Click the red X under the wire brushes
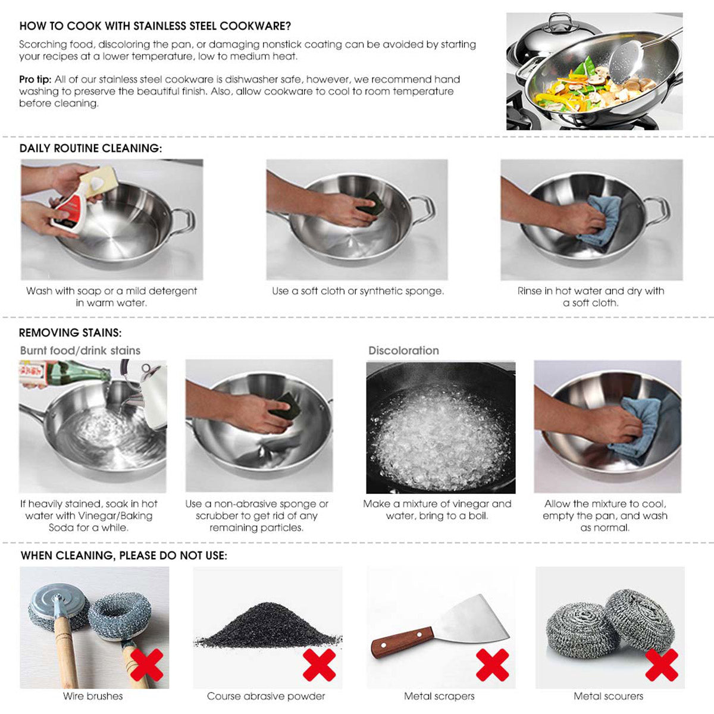[147, 665]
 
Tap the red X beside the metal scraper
[492, 665]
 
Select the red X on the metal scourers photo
[662, 665]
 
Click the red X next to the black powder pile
[319, 665]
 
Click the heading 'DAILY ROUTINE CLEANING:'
[90, 148]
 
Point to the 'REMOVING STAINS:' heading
[70, 333]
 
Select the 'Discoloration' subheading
[403, 350]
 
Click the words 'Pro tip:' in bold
[35, 79]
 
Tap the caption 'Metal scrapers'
[439, 696]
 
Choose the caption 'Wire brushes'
[93, 696]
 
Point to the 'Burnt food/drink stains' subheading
[80, 350]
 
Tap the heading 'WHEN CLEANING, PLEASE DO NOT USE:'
[124, 555]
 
